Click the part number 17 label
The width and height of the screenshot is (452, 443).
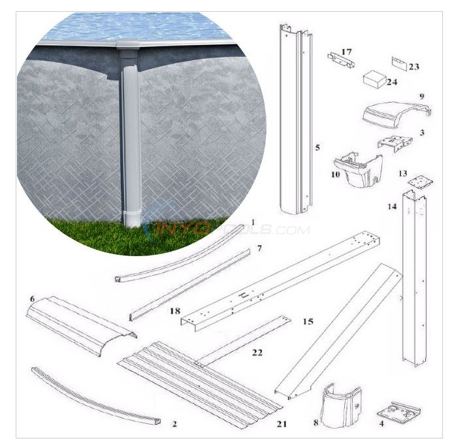coord(346,50)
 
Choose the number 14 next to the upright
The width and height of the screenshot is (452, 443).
coord(391,207)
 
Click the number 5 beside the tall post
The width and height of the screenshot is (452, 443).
coord(317,148)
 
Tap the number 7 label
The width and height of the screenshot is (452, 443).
coord(259,249)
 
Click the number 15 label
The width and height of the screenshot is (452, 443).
coord(308,323)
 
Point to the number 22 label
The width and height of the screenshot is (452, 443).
coord(257,353)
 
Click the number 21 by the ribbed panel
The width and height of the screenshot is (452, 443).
coord(282,424)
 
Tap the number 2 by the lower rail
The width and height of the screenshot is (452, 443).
coord(174,424)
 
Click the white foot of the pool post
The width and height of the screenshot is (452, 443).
coord(133,217)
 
